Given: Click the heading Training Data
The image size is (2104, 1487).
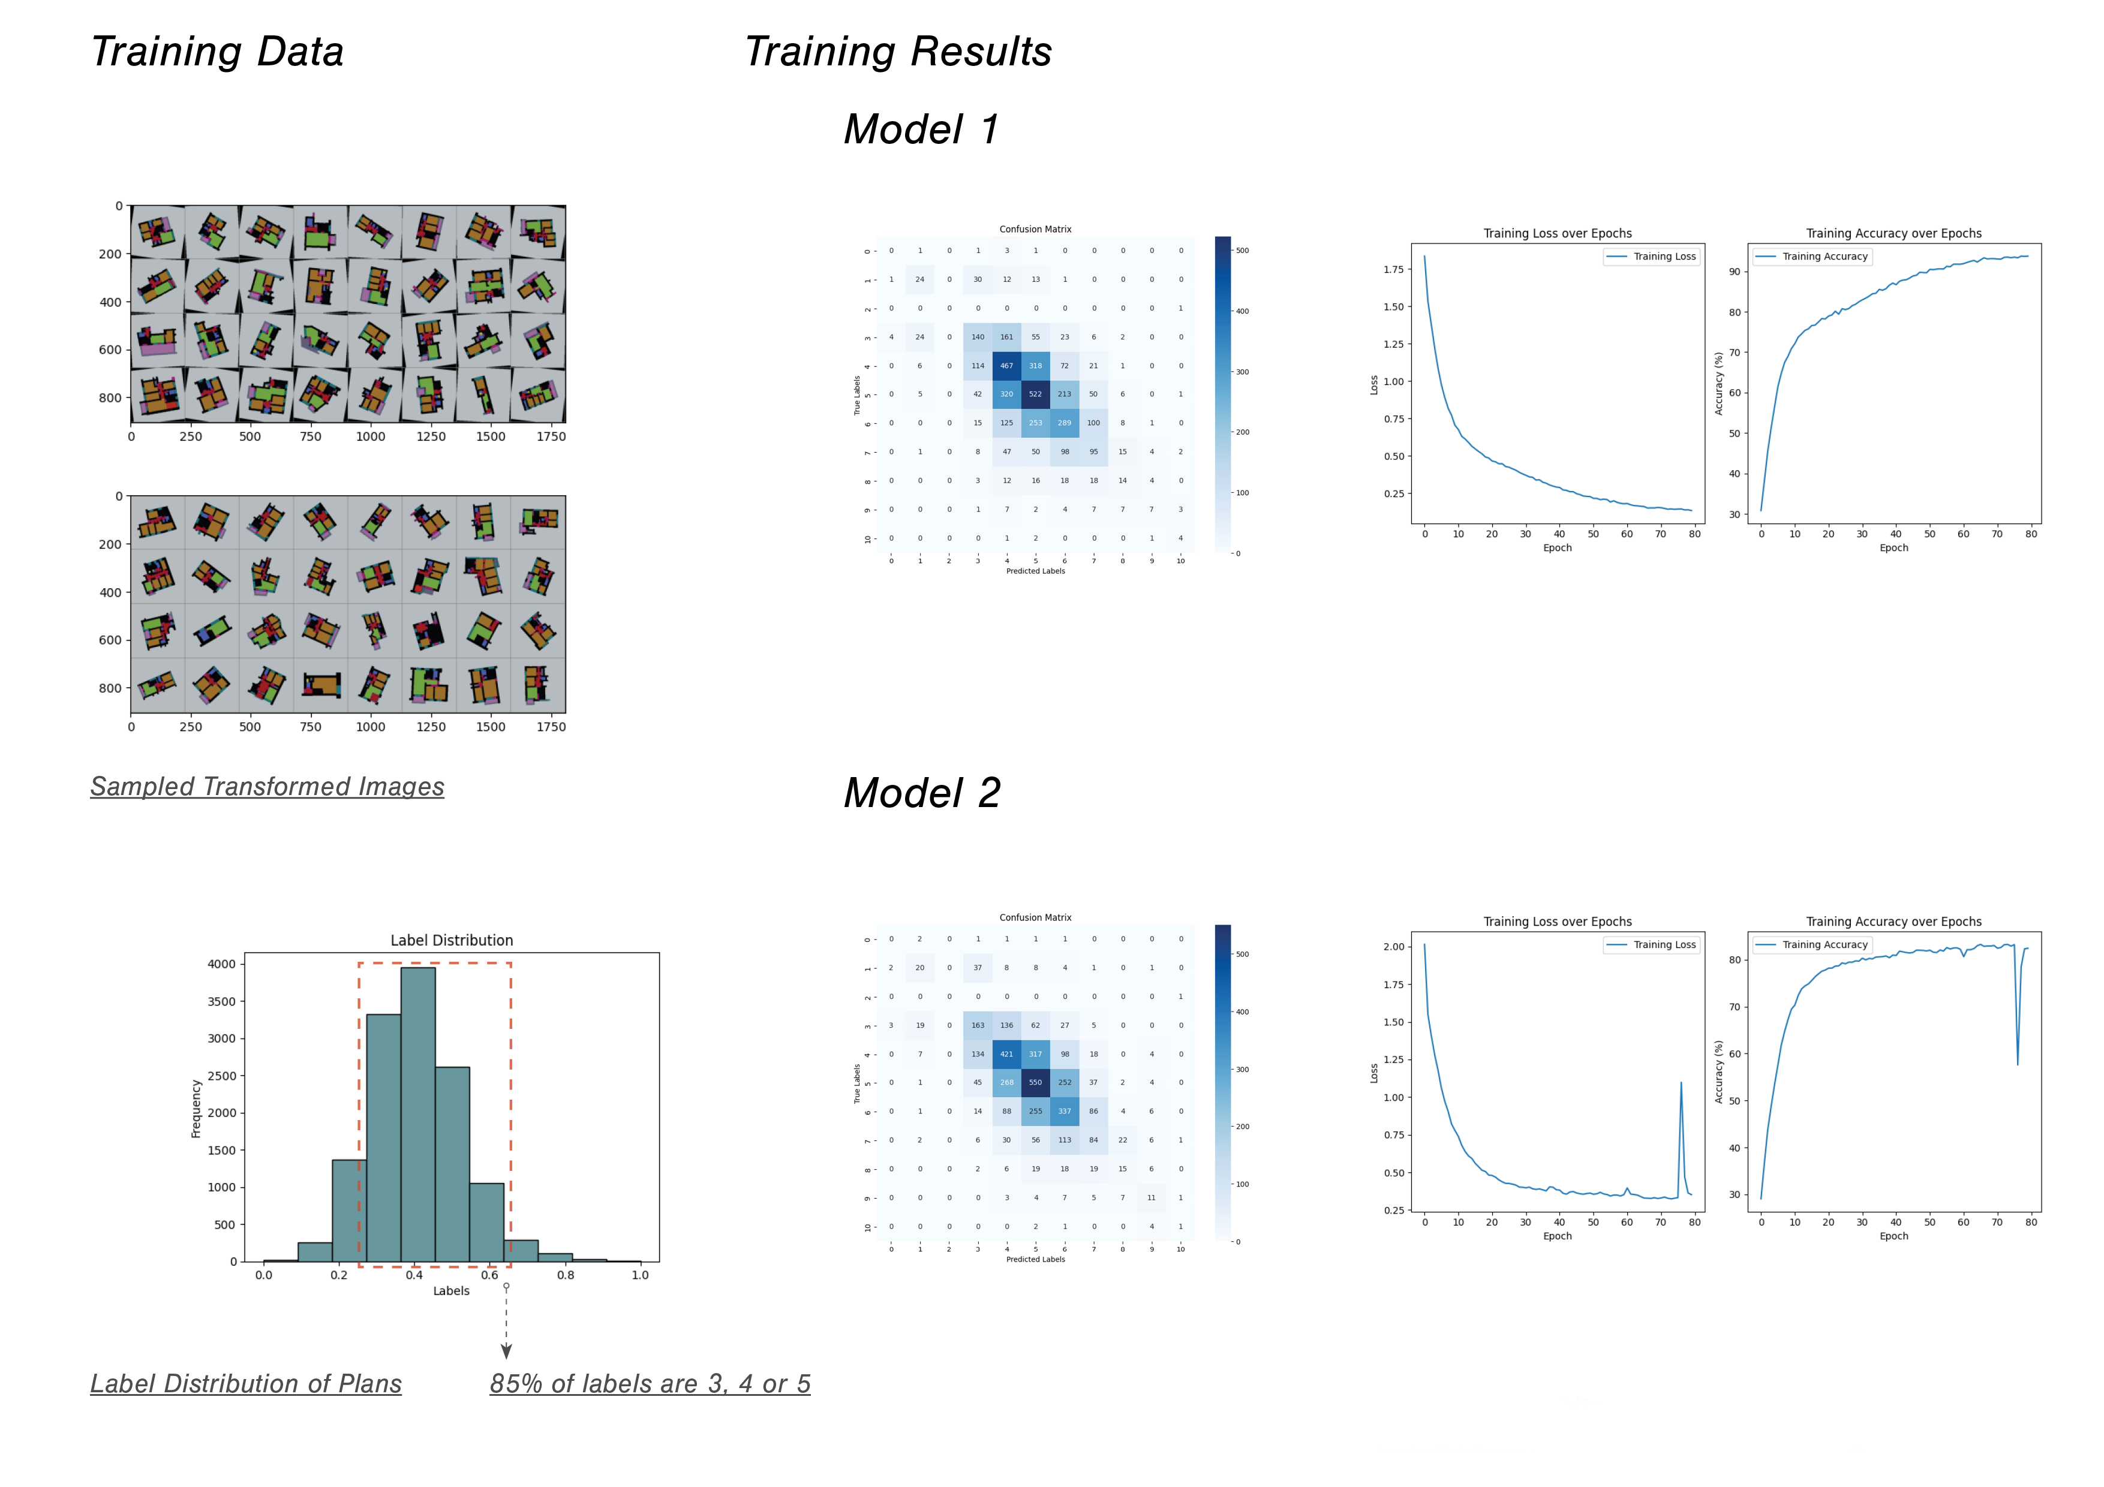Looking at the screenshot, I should (x=217, y=52).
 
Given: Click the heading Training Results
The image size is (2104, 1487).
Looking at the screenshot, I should (x=897, y=52).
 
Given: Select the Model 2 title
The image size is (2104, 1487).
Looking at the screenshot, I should (x=921, y=793).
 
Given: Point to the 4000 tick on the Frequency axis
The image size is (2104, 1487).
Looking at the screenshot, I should (x=221, y=964).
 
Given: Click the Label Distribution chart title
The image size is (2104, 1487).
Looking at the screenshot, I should (x=451, y=940).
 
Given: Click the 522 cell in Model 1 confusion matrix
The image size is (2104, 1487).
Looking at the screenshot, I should (x=1035, y=394).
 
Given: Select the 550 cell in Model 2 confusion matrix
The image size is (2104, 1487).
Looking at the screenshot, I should (x=1035, y=1082).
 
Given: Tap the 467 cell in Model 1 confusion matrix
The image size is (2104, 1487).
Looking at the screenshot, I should (x=1006, y=366).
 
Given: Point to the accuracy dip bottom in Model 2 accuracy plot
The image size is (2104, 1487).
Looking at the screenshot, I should (x=2017, y=1064).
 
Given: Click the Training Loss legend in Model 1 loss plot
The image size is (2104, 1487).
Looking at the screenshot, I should (x=1652, y=257).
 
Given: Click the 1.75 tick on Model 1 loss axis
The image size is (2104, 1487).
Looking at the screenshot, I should (x=1393, y=269).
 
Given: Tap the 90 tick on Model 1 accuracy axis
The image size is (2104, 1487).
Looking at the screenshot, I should (x=1734, y=272).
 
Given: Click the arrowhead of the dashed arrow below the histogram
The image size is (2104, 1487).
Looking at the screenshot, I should (x=506, y=1351).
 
